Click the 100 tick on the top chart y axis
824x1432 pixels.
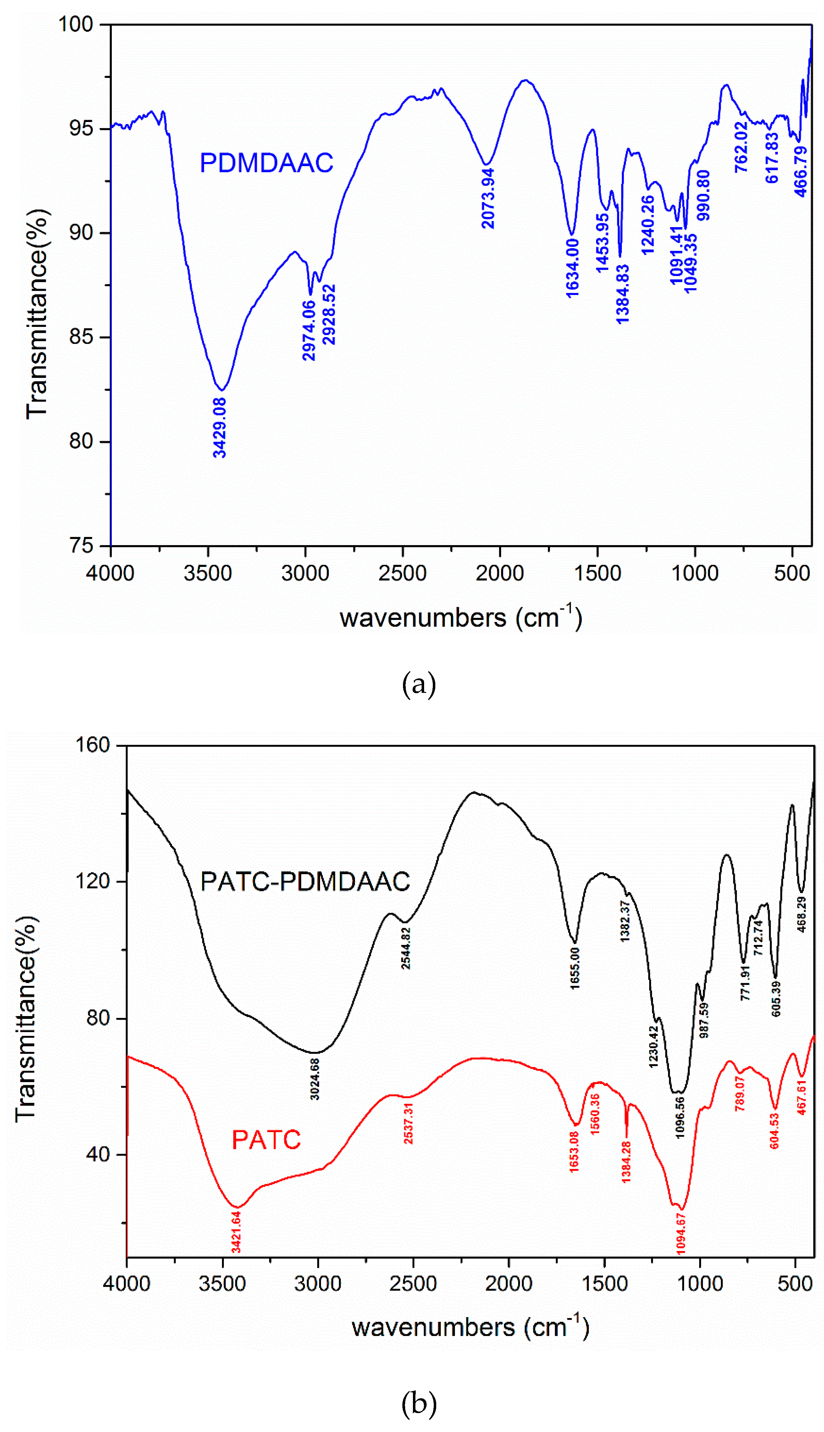click(x=76, y=24)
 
